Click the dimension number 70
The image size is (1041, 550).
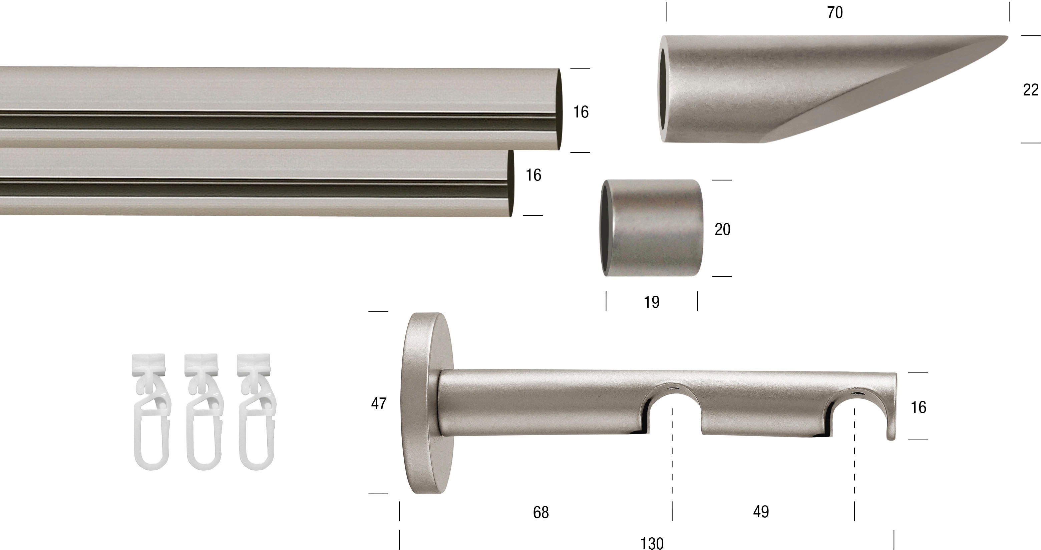(x=835, y=13)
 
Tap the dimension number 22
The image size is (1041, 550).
(x=1031, y=90)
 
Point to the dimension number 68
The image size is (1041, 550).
(x=541, y=512)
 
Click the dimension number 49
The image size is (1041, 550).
(x=761, y=512)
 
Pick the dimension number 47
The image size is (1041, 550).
(x=379, y=403)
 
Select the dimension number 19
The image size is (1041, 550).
(x=651, y=302)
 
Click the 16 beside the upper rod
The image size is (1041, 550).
(x=581, y=112)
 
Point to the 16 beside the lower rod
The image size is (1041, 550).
(x=533, y=175)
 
